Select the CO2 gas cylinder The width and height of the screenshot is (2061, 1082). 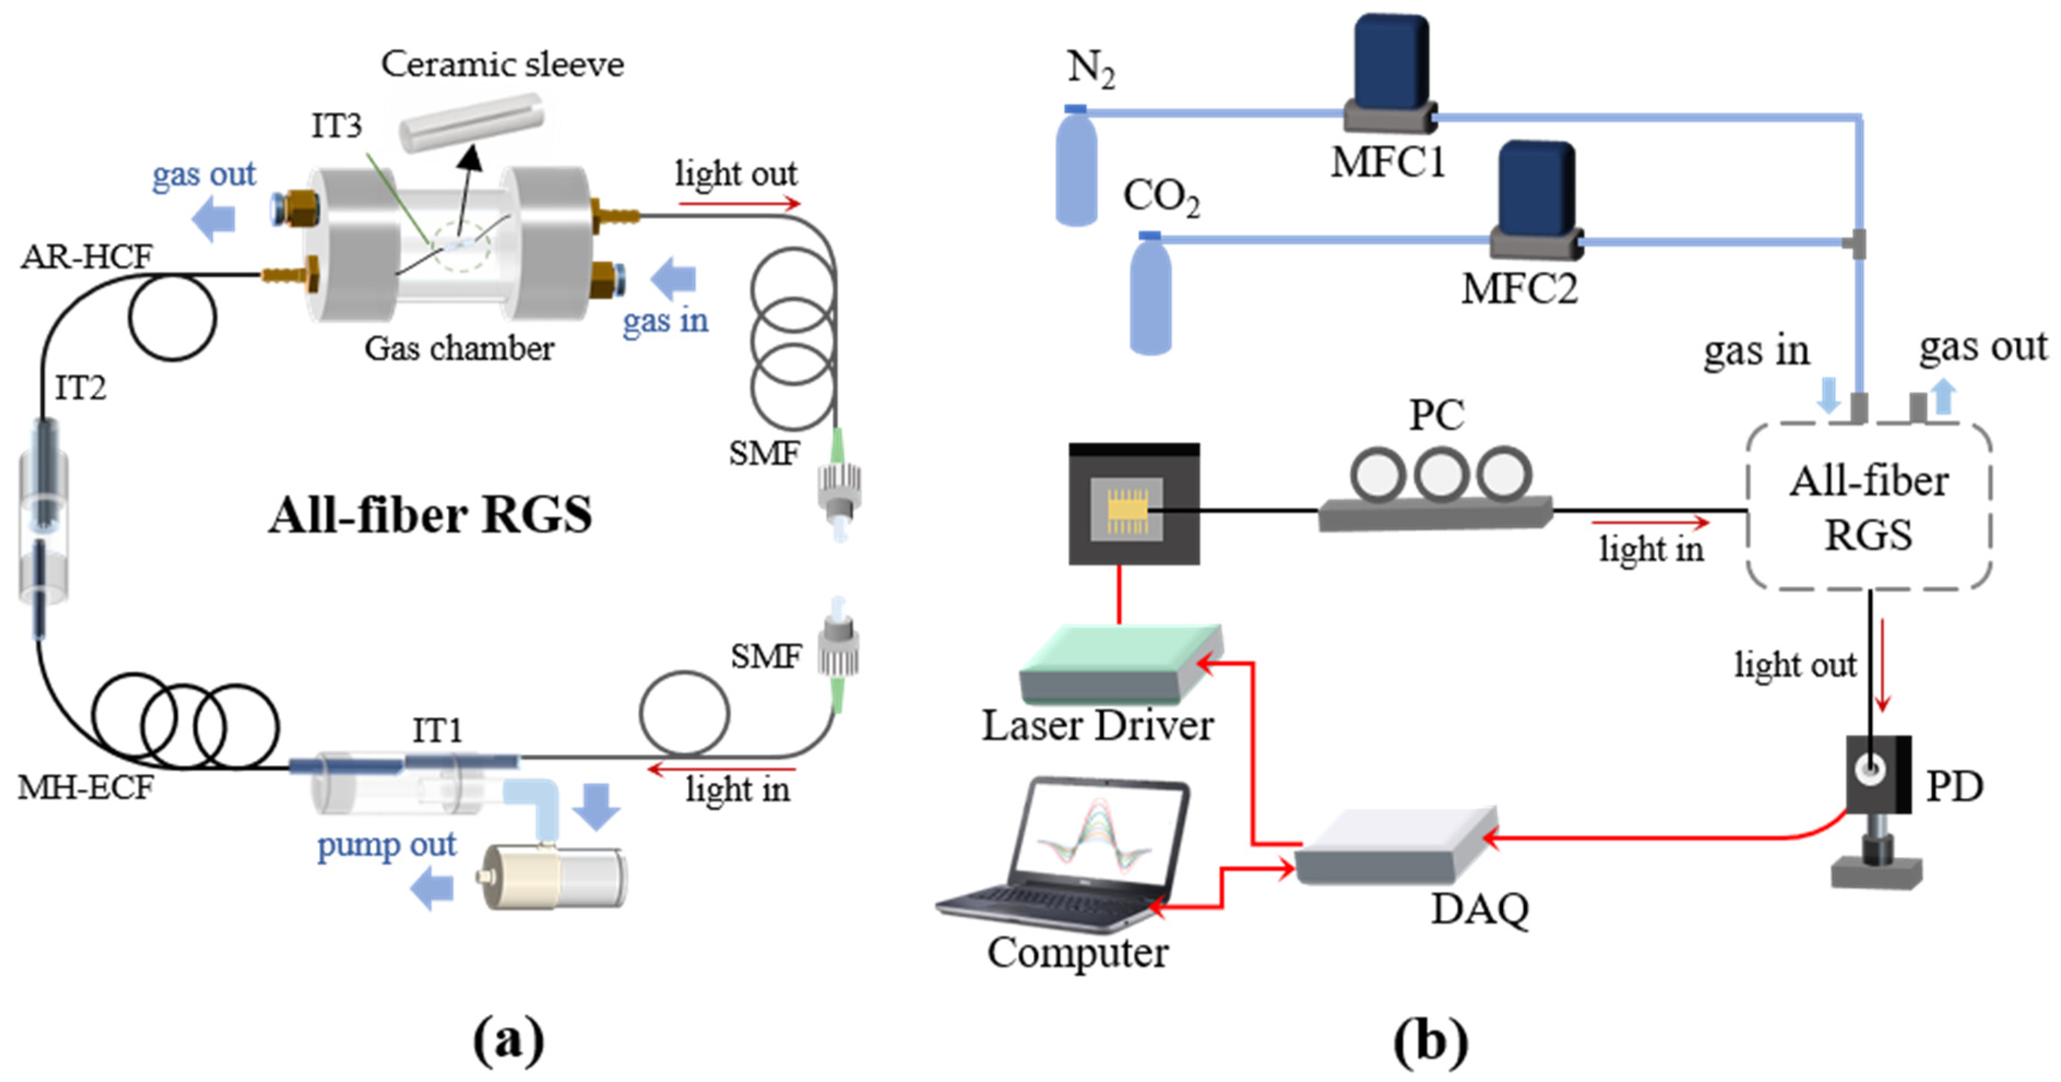(x=1150, y=296)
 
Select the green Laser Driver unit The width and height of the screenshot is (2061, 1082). (x=1120, y=664)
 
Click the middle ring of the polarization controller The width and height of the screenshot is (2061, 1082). (x=1440, y=474)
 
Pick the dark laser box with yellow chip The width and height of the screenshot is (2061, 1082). (x=1134, y=504)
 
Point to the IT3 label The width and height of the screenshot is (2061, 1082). (x=336, y=126)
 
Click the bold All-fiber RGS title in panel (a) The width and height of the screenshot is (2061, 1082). (x=430, y=515)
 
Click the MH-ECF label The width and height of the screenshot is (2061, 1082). (x=86, y=788)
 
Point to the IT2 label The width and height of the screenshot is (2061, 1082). (x=80, y=388)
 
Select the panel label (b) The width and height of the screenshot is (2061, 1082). (x=1430, y=1041)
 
